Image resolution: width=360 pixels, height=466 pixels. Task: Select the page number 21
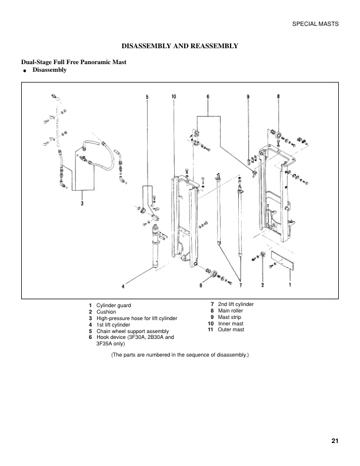(x=335, y=441)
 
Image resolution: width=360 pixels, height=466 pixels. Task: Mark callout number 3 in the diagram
(x=82, y=204)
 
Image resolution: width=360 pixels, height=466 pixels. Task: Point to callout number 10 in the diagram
(x=175, y=96)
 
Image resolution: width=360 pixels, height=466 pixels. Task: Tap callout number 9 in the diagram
(x=248, y=96)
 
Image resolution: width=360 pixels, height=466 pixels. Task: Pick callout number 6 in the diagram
(x=208, y=96)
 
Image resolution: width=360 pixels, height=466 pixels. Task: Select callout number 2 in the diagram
(x=262, y=286)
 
